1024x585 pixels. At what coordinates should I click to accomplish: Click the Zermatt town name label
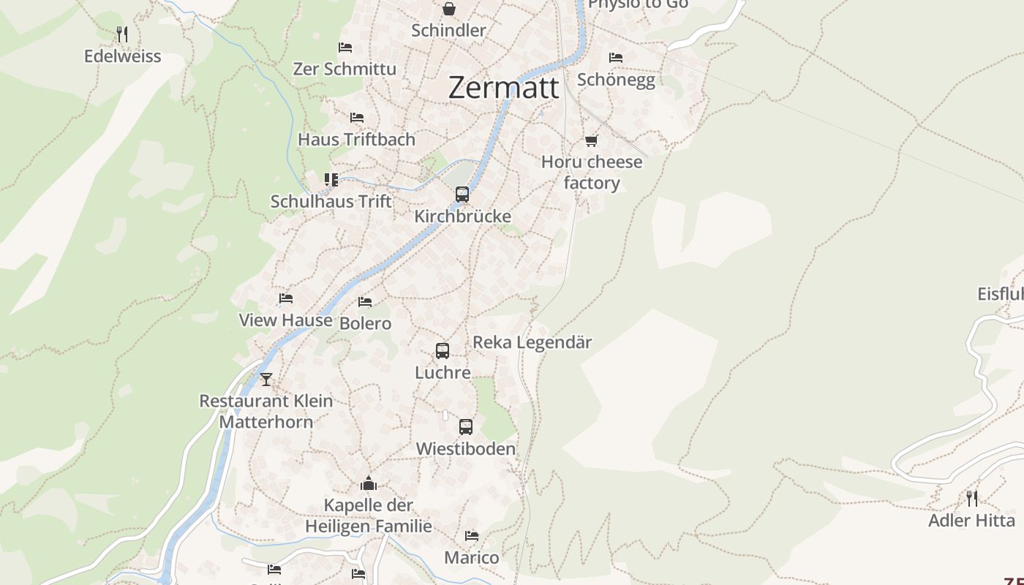click(x=503, y=88)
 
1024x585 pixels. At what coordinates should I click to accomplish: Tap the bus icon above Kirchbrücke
click(x=462, y=195)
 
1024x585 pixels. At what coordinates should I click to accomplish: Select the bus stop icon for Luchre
click(x=443, y=351)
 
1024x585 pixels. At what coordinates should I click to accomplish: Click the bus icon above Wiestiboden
click(x=466, y=427)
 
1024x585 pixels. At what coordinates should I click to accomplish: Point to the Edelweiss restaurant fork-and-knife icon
click(x=122, y=34)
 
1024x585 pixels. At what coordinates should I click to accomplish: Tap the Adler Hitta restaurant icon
click(x=972, y=499)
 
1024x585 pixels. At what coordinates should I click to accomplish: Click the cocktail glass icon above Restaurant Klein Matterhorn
click(x=266, y=379)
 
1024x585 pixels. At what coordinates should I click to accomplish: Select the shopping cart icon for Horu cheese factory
click(x=591, y=140)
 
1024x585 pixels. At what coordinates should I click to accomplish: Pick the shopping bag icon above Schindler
click(x=448, y=9)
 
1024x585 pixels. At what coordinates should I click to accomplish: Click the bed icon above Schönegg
click(x=616, y=57)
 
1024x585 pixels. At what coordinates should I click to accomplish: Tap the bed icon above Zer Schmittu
click(x=345, y=48)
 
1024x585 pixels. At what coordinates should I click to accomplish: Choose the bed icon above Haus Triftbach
click(x=357, y=117)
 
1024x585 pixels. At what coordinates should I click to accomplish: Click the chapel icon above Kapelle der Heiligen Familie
click(x=369, y=483)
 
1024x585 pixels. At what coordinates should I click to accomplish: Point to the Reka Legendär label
click(x=532, y=342)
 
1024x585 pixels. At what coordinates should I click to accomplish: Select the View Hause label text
click(x=285, y=320)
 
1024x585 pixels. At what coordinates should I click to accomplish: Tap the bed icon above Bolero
click(x=365, y=301)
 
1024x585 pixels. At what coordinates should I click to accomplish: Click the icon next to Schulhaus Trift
click(x=331, y=179)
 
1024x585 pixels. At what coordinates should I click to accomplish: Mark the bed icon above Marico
click(x=472, y=536)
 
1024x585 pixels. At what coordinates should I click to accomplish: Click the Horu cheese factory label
click(x=592, y=173)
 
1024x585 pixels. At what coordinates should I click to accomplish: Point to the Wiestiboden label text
click(x=465, y=449)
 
